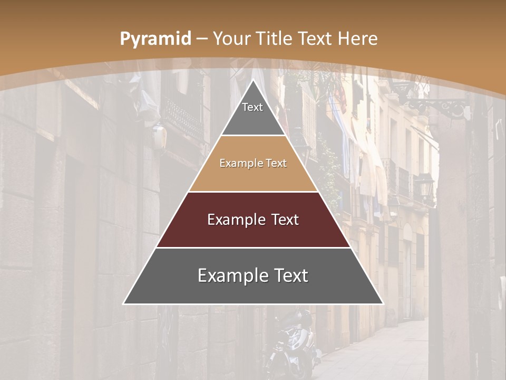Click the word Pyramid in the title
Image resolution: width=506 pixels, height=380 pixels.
(x=155, y=39)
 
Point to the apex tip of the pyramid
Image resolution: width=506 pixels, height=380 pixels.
(x=253, y=80)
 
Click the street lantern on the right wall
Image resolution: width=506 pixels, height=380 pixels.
(x=424, y=187)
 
